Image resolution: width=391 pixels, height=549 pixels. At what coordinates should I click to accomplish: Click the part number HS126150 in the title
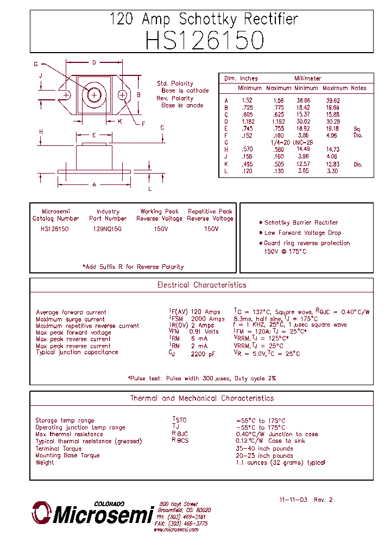tap(204, 41)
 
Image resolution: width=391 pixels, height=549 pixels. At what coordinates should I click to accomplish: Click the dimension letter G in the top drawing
tap(36, 64)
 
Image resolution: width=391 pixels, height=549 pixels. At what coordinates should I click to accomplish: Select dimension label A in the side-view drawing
tap(94, 185)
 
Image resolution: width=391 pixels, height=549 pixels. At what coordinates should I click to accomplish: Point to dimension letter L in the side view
tap(150, 189)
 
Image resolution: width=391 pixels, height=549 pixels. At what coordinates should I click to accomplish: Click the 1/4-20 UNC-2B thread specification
tap(292, 142)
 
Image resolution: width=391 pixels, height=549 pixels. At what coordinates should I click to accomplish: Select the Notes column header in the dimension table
tap(358, 88)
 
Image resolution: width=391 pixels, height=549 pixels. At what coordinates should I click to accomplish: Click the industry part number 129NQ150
tap(108, 229)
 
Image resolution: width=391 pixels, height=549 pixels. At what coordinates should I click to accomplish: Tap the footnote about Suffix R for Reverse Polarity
tap(133, 267)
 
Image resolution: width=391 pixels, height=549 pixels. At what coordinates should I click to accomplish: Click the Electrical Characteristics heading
tap(201, 285)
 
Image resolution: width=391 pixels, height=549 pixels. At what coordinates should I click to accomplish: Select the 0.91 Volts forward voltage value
tap(204, 332)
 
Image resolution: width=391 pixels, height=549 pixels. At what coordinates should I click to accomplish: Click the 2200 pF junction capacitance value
tap(203, 354)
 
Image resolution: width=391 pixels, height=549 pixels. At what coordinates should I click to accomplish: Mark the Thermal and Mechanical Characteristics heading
tap(201, 398)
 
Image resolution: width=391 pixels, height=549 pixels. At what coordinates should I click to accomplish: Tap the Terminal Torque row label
tap(59, 449)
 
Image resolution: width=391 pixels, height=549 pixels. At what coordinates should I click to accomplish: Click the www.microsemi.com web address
tap(175, 530)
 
